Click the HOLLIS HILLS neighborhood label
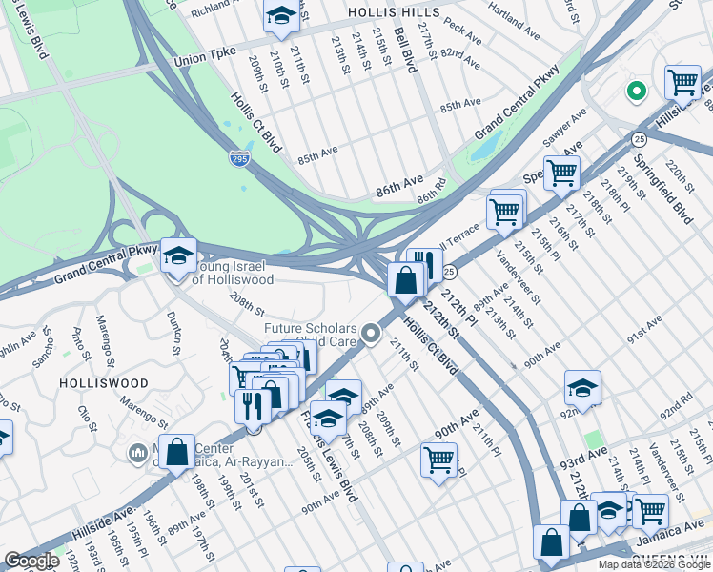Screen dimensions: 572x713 [394, 12]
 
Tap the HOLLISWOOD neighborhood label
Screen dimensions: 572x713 [104, 382]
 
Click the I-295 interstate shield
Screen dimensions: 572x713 [240, 158]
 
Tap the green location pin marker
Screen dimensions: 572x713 [635, 92]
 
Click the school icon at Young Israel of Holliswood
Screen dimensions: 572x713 [178, 255]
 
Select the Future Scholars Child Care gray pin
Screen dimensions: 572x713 [371, 334]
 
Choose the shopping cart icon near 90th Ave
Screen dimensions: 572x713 [438, 460]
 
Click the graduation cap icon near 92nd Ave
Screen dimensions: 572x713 [582, 387]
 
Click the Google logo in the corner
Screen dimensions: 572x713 [31, 561]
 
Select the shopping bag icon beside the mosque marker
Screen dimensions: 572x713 [177, 453]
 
